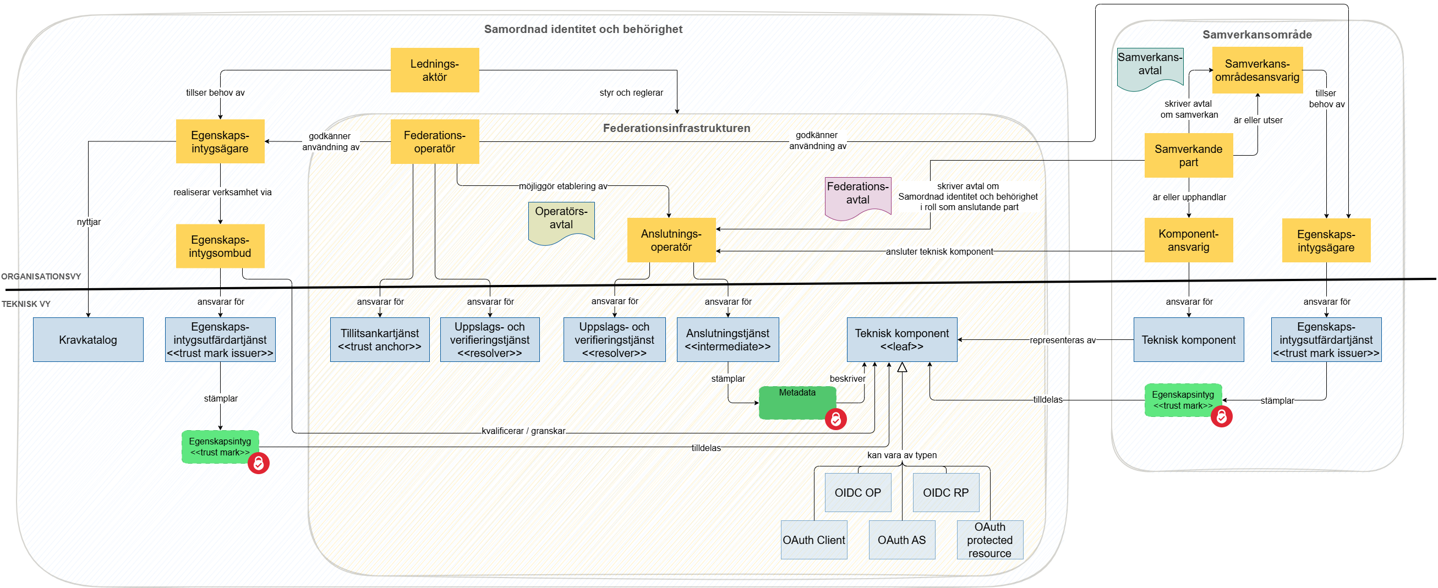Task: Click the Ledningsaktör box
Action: [x=434, y=70]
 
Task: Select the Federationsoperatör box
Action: [x=434, y=142]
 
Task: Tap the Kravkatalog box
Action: [x=88, y=340]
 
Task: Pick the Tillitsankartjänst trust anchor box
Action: [x=380, y=340]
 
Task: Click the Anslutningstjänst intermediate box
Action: [x=728, y=340]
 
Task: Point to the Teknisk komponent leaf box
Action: [x=901, y=340]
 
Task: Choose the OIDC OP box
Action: [x=857, y=493]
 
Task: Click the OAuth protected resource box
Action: [x=989, y=540]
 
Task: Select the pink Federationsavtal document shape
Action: [x=857, y=196]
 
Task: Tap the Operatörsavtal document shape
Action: [x=561, y=221]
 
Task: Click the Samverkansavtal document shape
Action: [x=1150, y=68]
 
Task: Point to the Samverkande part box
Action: [x=1189, y=156]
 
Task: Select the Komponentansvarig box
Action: [x=1189, y=240]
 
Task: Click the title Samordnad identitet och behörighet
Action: [x=583, y=29]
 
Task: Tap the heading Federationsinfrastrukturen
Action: [x=676, y=128]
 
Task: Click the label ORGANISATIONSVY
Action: [x=41, y=277]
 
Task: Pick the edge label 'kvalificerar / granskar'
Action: [x=523, y=431]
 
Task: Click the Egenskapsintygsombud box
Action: [x=220, y=246]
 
